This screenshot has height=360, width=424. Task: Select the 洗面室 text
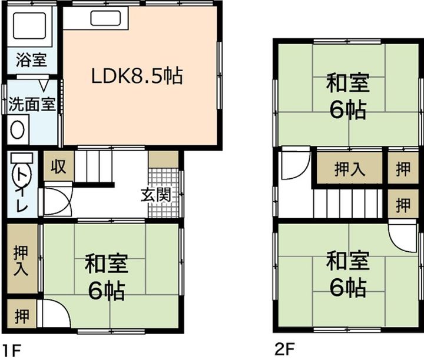click(31, 105)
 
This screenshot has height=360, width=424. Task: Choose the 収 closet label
click(58, 167)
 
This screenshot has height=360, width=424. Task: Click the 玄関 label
click(155, 195)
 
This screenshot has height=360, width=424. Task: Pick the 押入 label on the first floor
click(21, 260)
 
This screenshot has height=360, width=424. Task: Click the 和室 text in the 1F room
click(107, 265)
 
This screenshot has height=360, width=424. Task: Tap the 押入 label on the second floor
click(350, 170)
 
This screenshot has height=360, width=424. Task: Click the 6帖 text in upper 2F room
click(348, 110)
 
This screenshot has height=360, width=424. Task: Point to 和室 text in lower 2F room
click(348, 259)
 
